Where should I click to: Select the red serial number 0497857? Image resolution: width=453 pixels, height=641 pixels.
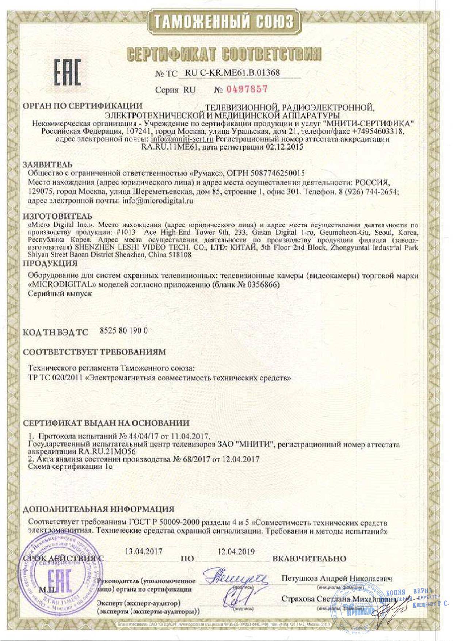click(247, 89)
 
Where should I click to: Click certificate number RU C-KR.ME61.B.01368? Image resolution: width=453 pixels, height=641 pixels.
click(233, 73)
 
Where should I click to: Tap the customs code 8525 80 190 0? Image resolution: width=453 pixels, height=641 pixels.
click(123, 331)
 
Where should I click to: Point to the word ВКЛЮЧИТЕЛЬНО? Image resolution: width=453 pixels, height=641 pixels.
click(309, 559)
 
